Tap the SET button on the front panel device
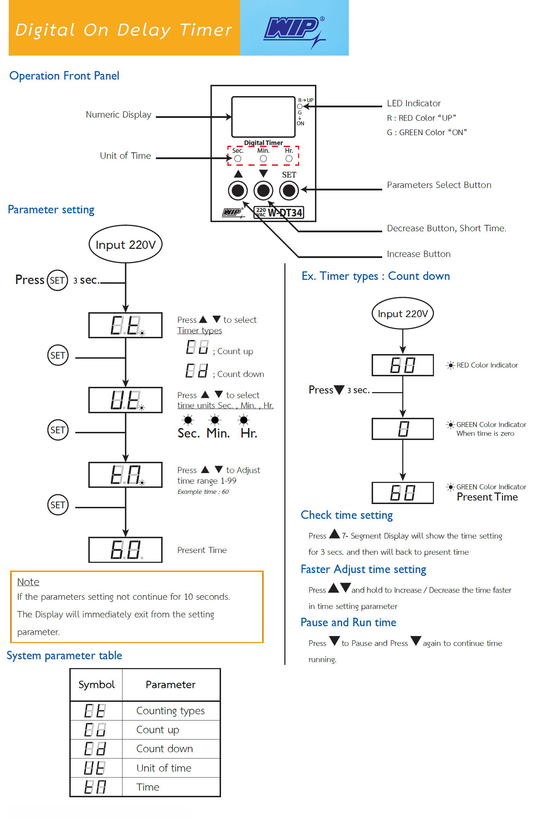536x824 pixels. pos(289,190)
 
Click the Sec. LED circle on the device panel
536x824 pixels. pos(238,159)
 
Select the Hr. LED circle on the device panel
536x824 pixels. pos(289,159)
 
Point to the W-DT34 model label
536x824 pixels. pos(278,212)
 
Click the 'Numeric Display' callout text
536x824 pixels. pos(119,115)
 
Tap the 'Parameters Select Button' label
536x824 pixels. pos(439,185)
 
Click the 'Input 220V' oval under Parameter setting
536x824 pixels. pos(126,244)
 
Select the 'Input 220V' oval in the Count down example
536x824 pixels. pos(403,313)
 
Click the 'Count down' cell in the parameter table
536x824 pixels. pos(165,749)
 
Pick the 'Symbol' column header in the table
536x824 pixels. pos(96,685)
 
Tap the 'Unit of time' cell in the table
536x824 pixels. pos(164,768)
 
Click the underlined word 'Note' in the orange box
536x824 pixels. pos(28,582)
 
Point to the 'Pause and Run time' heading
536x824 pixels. pos(348,622)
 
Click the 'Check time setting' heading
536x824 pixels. pos(347,515)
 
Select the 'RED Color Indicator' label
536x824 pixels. pos(487,365)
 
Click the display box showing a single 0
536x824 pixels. pos(403,429)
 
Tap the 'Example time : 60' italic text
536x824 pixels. pos(203,492)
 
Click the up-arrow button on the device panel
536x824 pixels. pos(238,190)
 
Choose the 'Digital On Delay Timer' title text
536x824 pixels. pos(124,30)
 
